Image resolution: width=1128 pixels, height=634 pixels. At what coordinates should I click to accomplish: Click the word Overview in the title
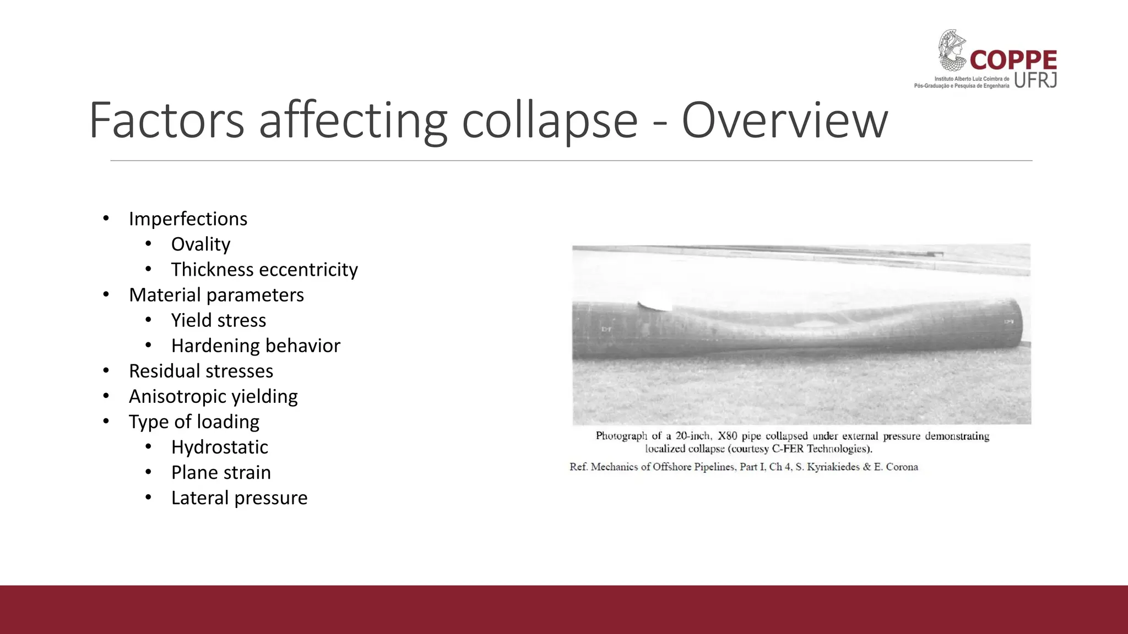784,121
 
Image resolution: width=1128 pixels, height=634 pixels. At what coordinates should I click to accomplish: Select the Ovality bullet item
200,244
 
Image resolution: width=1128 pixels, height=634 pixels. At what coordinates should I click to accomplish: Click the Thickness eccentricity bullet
264,269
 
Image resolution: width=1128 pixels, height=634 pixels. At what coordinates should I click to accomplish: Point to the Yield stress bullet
219,320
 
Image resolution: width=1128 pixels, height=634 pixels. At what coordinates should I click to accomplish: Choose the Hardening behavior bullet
256,346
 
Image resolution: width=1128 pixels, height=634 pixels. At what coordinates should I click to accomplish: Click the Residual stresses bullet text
201,371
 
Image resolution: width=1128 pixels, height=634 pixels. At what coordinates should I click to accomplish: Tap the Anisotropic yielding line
213,396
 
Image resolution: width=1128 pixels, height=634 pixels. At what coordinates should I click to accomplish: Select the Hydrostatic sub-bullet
219,447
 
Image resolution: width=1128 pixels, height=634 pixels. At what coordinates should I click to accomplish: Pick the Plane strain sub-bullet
221,472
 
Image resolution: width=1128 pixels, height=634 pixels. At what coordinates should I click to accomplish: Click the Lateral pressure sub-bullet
239,498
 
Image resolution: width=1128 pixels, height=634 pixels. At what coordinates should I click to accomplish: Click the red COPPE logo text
1013,60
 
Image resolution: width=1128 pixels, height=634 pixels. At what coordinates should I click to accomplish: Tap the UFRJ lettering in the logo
1035,80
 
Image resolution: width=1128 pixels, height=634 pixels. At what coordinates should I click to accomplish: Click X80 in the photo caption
727,436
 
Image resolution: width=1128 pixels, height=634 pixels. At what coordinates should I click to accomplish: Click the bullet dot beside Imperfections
106,218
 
